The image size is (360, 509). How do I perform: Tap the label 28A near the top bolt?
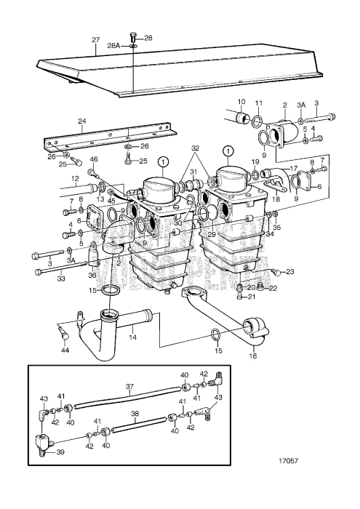click(113, 46)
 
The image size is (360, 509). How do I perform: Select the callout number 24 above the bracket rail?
click(82, 121)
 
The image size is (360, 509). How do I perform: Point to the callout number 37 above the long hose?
click(129, 386)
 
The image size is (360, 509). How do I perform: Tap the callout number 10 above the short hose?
click(241, 101)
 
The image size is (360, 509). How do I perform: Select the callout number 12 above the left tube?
click(75, 177)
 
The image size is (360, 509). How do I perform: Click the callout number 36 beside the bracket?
click(92, 276)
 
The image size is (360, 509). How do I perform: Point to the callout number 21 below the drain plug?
click(273, 297)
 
